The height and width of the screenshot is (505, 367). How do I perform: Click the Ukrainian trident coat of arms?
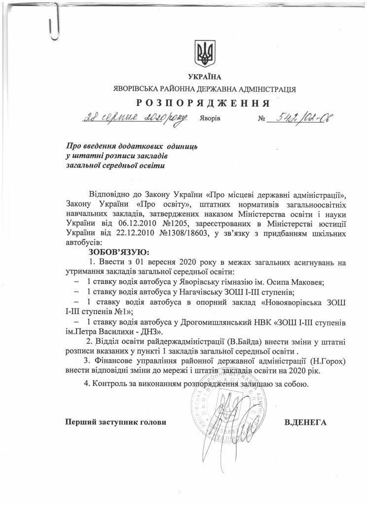[202, 54]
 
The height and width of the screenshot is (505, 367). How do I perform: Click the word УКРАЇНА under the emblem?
[202, 77]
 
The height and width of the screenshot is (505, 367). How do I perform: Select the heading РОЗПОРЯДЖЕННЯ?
[202, 103]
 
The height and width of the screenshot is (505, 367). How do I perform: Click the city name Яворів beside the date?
[211, 120]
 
